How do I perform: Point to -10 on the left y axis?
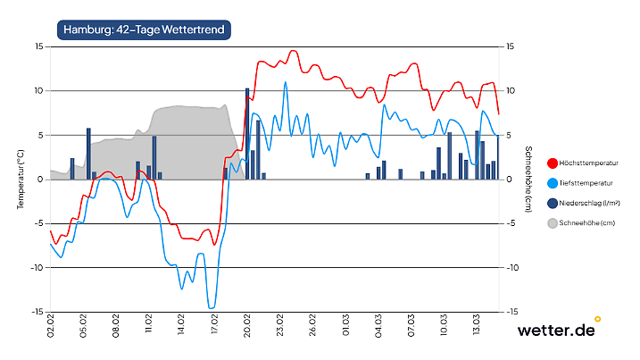[37, 268]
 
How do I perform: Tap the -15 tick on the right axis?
[511, 312]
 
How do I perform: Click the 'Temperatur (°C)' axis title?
[20, 179]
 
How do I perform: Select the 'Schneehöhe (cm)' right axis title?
[528, 179]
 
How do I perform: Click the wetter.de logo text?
[555, 331]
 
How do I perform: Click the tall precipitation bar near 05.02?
[88, 154]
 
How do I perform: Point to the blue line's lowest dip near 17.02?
[212, 308]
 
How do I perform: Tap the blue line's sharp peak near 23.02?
[286, 83]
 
